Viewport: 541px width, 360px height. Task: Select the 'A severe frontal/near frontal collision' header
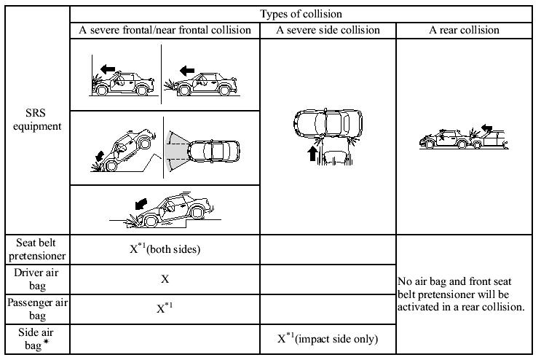pyautogui.click(x=165, y=31)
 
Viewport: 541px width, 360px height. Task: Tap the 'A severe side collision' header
pyautogui.click(x=328, y=31)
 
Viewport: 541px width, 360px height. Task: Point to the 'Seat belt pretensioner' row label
pyautogui.click(x=36, y=249)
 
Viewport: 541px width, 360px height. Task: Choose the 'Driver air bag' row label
pyautogui.click(x=36, y=279)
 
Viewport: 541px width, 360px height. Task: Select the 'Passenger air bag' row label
pyautogui.click(x=36, y=309)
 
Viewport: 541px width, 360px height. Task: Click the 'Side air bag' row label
pyautogui.click(x=36, y=339)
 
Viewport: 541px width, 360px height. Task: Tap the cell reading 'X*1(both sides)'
pyautogui.click(x=165, y=249)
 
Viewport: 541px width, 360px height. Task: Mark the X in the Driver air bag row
pyautogui.click(x=165, y=278)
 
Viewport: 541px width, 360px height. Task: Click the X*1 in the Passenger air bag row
pyautogui.click(x=165, y=308)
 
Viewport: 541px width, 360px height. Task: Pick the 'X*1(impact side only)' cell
pyautogui.click(x=328, y=338)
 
